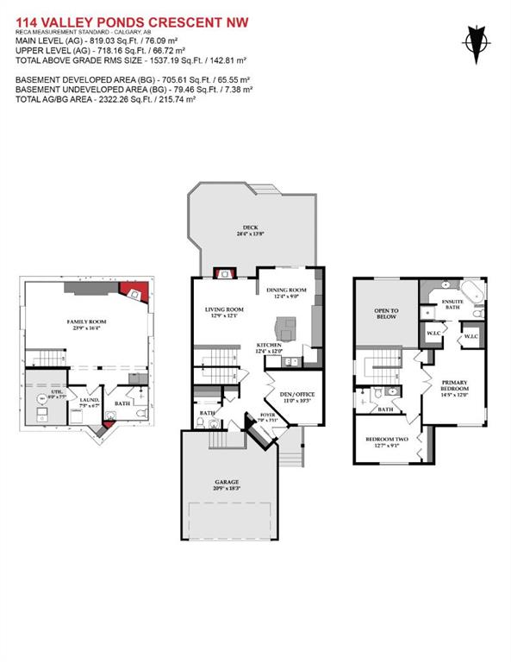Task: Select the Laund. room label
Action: coord(89,401)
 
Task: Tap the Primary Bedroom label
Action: coord(454,386)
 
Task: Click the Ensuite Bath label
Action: coord(453,304)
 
